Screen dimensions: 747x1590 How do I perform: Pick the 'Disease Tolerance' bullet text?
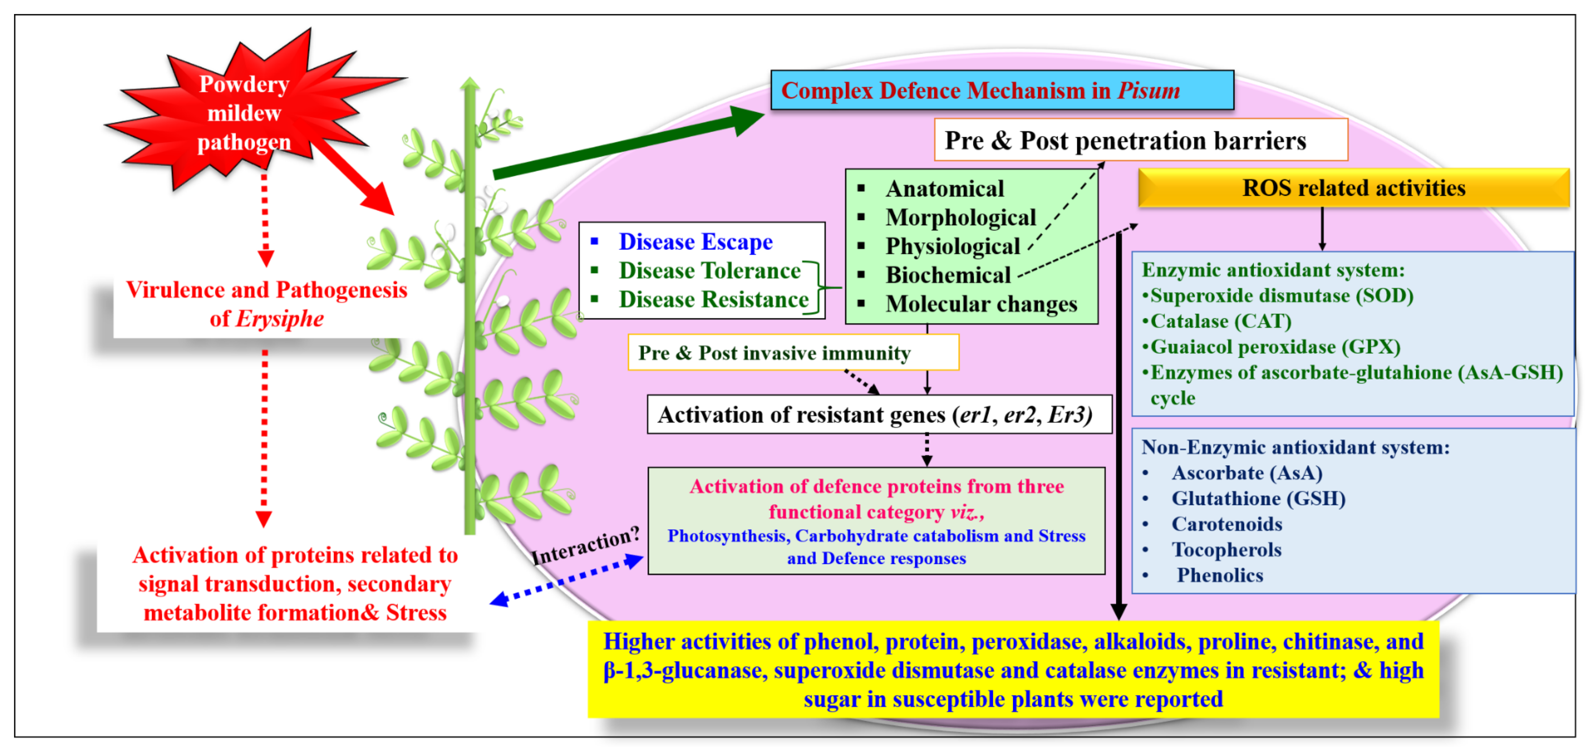click(709, 271)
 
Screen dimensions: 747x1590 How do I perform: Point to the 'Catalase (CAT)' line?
click(1220, 321)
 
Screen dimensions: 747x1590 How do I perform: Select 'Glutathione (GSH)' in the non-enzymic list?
click(1258, 499)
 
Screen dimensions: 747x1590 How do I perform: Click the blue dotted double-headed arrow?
click(567, 580)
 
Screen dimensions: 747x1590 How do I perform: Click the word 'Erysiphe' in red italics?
click(280, 319)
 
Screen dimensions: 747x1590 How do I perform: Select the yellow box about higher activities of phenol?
click(1013, 670)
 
